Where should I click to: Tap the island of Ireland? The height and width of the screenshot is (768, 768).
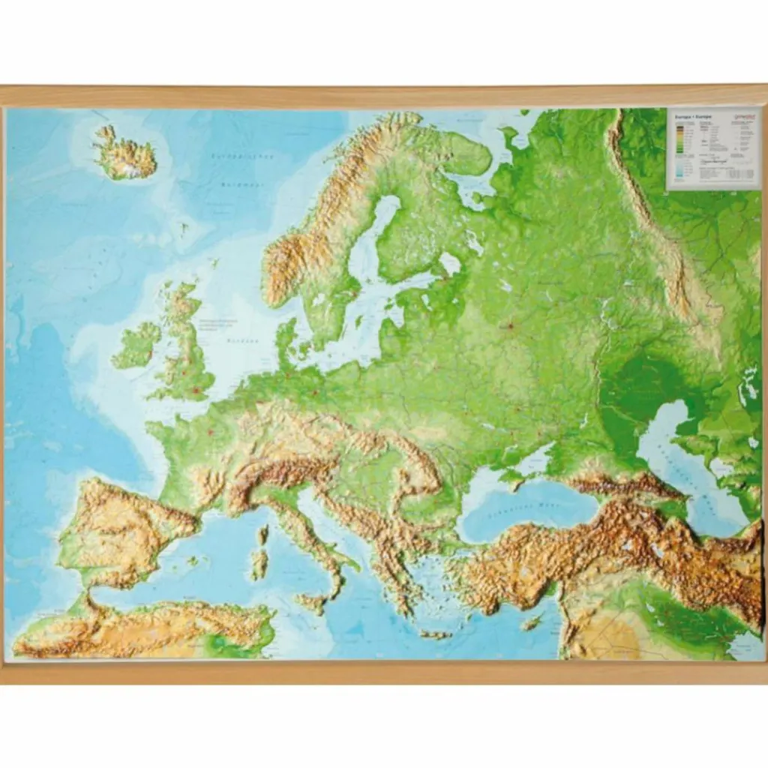tap(136, 346)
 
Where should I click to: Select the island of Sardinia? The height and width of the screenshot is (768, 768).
tap(259, 562)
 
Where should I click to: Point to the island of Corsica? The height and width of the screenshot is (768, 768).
tap(263, 535)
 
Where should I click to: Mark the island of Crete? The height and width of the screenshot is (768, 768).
tap(435, 634)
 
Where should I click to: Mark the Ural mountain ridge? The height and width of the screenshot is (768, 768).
tap(660, 225)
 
